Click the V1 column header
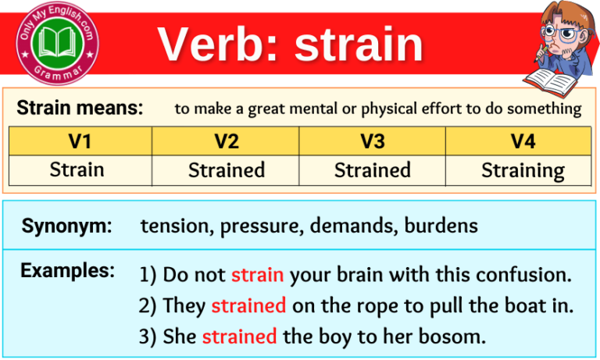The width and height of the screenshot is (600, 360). pos(80,141)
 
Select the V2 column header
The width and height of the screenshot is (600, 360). pos(226,141)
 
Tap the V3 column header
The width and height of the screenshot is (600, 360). pos(373,141)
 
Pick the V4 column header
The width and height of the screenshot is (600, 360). pos(519,141)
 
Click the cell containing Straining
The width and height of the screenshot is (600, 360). pos(523,169)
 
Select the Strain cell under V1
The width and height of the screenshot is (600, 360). pos(77,169)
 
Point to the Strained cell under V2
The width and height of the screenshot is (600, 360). pos(227,169)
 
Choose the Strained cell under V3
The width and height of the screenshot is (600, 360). pos(373,169)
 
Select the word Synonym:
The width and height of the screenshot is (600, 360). pos(66,226)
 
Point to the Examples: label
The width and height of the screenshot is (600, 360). pos(67,271)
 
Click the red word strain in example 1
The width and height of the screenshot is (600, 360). pos(257,275)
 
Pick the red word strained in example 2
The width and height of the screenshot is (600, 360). pos(248,306)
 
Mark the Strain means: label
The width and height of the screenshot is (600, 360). pos(80,108)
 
